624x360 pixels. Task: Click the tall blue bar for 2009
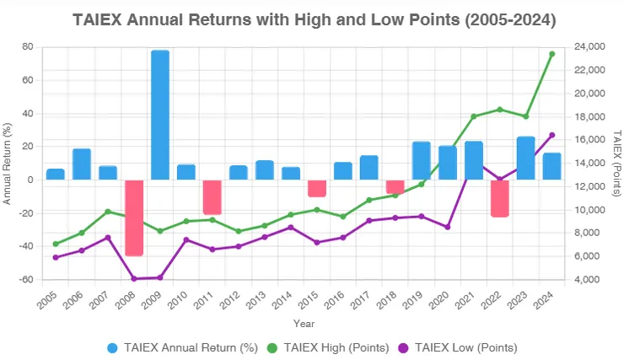pos(160,115)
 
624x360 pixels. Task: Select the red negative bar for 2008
pos(134,218)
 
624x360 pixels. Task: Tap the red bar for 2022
pos(500,198)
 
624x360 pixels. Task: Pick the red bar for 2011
pos(212,197)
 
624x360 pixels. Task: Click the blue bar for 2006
pos(82,164)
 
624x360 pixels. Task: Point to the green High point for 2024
pos(552,54)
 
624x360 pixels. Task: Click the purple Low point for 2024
pos(552,135)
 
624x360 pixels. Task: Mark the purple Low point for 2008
pos(134,279)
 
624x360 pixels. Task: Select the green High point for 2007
pos(108,212)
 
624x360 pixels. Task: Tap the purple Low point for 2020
pos(447,227)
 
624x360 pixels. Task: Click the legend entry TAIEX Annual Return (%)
pos(183,348)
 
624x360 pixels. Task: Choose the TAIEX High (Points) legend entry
pos(328,348)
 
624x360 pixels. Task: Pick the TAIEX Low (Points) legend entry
pos(458,348)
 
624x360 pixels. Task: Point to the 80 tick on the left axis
pos(28,47)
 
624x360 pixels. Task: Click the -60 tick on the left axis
pos(26,279)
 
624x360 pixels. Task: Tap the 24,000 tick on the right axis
pos(589,47)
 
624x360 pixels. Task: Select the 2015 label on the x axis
pos(309,300)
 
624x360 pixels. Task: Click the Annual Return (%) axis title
pos(7,164)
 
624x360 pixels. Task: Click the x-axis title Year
pos(304,324)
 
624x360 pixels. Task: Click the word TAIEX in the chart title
pos(97,19)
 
